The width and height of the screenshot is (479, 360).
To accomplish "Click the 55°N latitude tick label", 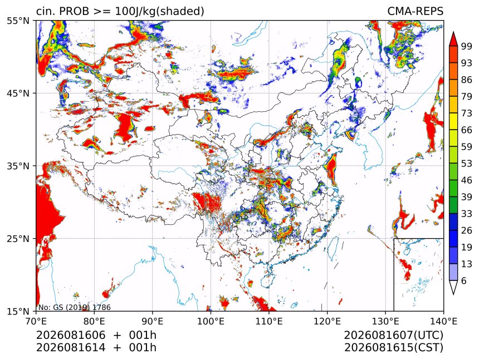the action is click(18, 21).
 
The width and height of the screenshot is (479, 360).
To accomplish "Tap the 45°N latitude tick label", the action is click(18, 93).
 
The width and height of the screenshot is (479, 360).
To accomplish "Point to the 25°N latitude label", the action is click(18, 239).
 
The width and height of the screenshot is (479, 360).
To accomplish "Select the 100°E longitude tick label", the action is click(211, 321).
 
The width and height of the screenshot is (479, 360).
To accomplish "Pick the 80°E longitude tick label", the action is click(94, 321).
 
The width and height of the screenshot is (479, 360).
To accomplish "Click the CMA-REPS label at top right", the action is click(415, 11).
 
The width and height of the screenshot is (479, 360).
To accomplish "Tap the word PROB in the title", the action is click(74, 11).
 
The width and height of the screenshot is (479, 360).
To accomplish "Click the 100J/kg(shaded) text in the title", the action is click(159, 12).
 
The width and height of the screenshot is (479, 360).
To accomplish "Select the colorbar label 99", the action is click(467, 46).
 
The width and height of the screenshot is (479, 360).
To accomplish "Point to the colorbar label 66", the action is click(467, 130).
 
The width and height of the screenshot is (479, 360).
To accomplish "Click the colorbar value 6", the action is click(464, 280).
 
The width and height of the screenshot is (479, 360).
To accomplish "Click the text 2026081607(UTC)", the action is click(393, 336).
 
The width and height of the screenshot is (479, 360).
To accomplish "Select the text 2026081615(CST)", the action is click(393, 348).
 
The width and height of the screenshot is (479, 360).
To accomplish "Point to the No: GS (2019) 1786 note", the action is click(75, 307).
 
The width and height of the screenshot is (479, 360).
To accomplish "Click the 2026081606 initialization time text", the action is click(71, 335).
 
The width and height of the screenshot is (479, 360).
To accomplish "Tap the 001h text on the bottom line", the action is click(143, 348).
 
